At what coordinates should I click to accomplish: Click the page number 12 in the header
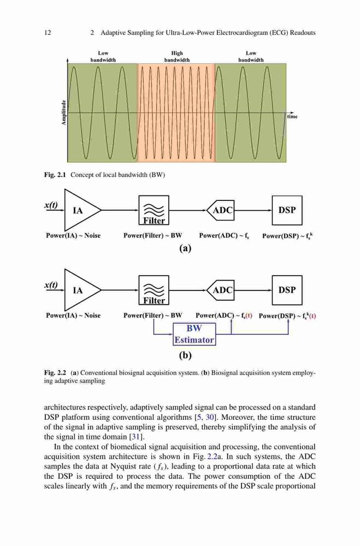(x=48, y=33)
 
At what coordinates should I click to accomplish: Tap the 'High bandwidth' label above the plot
(x=177, y=56)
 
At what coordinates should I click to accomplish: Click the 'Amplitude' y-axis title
(x=63, y=112)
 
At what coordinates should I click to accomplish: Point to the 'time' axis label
(x=292, y=117)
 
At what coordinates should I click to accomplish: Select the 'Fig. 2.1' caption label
(x=55, y=175)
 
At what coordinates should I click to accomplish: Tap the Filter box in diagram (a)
(x=154, y=210)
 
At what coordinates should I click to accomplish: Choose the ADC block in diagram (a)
(x=221, y=210)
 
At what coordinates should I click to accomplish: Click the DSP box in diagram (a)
(x=287, y=210)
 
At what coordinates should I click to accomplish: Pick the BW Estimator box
(x=194, y=334)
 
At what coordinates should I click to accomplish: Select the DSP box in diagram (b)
(x=287, y=290)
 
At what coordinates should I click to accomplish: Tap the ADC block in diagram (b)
(x=221, y=290)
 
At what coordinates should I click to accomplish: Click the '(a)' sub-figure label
(x=185, y=248)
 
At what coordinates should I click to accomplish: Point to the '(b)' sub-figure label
(x=185, y=355)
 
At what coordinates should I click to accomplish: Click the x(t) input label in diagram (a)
(x=51, y=205)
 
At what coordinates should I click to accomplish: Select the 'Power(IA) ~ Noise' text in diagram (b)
(x=73, y=316)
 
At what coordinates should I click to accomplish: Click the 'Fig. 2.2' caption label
(x=55, y=373)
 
